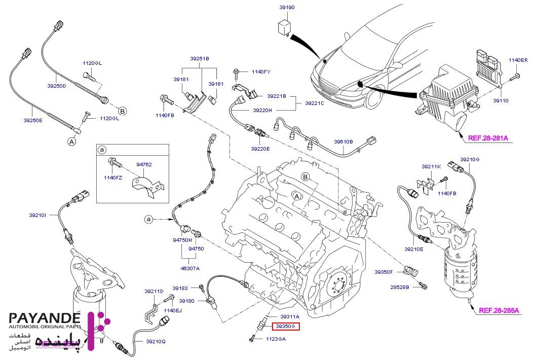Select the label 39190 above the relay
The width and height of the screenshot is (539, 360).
[x=287, y=8]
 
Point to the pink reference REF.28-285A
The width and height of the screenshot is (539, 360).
[x=499, y=310]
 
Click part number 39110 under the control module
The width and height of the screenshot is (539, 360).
[x=501, y=100]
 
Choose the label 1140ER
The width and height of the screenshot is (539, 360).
[x=518, y=60]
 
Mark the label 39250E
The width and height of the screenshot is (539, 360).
[x=32, y=120]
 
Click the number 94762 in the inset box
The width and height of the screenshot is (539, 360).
[x=144, y=164]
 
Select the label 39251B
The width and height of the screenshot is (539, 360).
[x=200, y=59]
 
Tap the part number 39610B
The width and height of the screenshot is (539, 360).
[x=343, y=141]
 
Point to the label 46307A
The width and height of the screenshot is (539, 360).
[x=190, y=268]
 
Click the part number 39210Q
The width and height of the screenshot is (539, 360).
[x=156, y=341]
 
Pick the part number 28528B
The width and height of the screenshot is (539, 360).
[x=400, y=287]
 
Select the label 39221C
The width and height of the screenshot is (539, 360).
[x=315, y=103]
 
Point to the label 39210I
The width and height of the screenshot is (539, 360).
[x=37, y=215]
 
